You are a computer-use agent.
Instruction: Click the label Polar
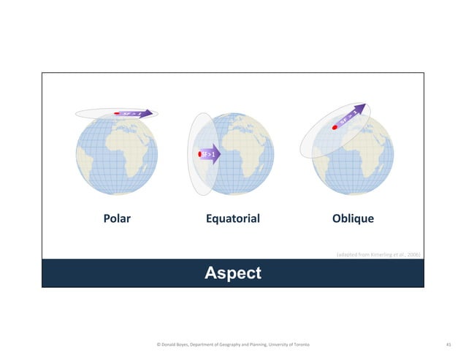[x=115, y=218]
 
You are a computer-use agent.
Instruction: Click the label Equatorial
[x=232, y=218]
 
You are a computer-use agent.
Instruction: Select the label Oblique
[x=353, y=218]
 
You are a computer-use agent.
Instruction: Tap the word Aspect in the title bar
[x=232, y=273]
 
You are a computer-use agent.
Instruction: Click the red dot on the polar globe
[x=117, y=113]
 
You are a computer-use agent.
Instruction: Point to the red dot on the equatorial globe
[x=200, y=155]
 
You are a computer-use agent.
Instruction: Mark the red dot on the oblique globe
[x=335, y=127]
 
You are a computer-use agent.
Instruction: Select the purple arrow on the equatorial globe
[x=210, y=155]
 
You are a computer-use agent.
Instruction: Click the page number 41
[x=448, y=343]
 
